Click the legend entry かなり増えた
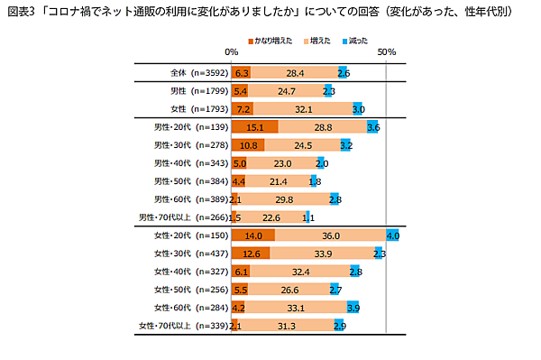tap(273, 42)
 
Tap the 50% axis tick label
tap(387, 53)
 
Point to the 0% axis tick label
tap(232, 53)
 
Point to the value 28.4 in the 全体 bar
tap(292, 72)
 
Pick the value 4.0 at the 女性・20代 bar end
tap(392, 235)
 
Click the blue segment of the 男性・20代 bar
tap(373, 127)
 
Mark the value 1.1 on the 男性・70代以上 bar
tap(308, 217)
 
